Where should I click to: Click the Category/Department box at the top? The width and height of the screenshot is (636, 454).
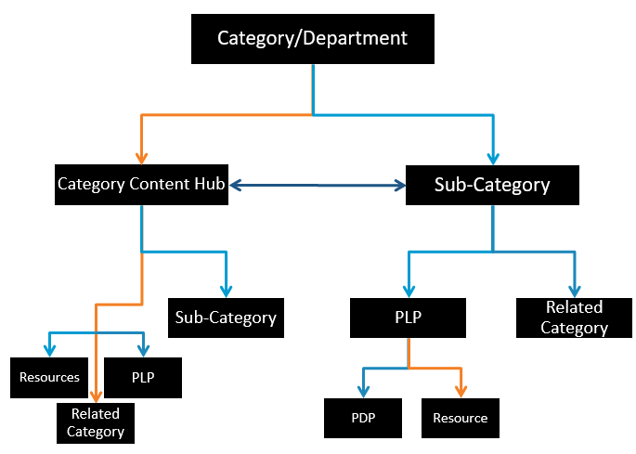(x=312, y=38)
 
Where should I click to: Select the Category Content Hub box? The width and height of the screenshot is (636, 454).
(x=141, y=184)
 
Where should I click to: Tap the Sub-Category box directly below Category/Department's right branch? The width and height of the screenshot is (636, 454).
(x=492, y=185)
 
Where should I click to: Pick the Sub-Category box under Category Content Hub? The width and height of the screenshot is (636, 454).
(x=226, y=318)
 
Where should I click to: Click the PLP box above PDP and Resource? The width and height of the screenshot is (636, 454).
(x=408, y=318)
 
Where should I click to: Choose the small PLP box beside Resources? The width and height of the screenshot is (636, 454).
(x=142, y=378)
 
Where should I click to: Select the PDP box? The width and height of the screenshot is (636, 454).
(x=362, y=418)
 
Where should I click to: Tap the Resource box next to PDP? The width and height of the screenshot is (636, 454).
(x=460, y=418)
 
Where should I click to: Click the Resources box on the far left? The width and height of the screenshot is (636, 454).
(x=49, y=378)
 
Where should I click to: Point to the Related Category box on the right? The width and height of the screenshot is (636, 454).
(x=574, y=318)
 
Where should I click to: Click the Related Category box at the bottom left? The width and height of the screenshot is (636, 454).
(x=95, y=423)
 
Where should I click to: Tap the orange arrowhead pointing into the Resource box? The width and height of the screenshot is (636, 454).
(x=460, y=391)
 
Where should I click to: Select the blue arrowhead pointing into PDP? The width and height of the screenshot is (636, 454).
(x=362, y=391)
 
